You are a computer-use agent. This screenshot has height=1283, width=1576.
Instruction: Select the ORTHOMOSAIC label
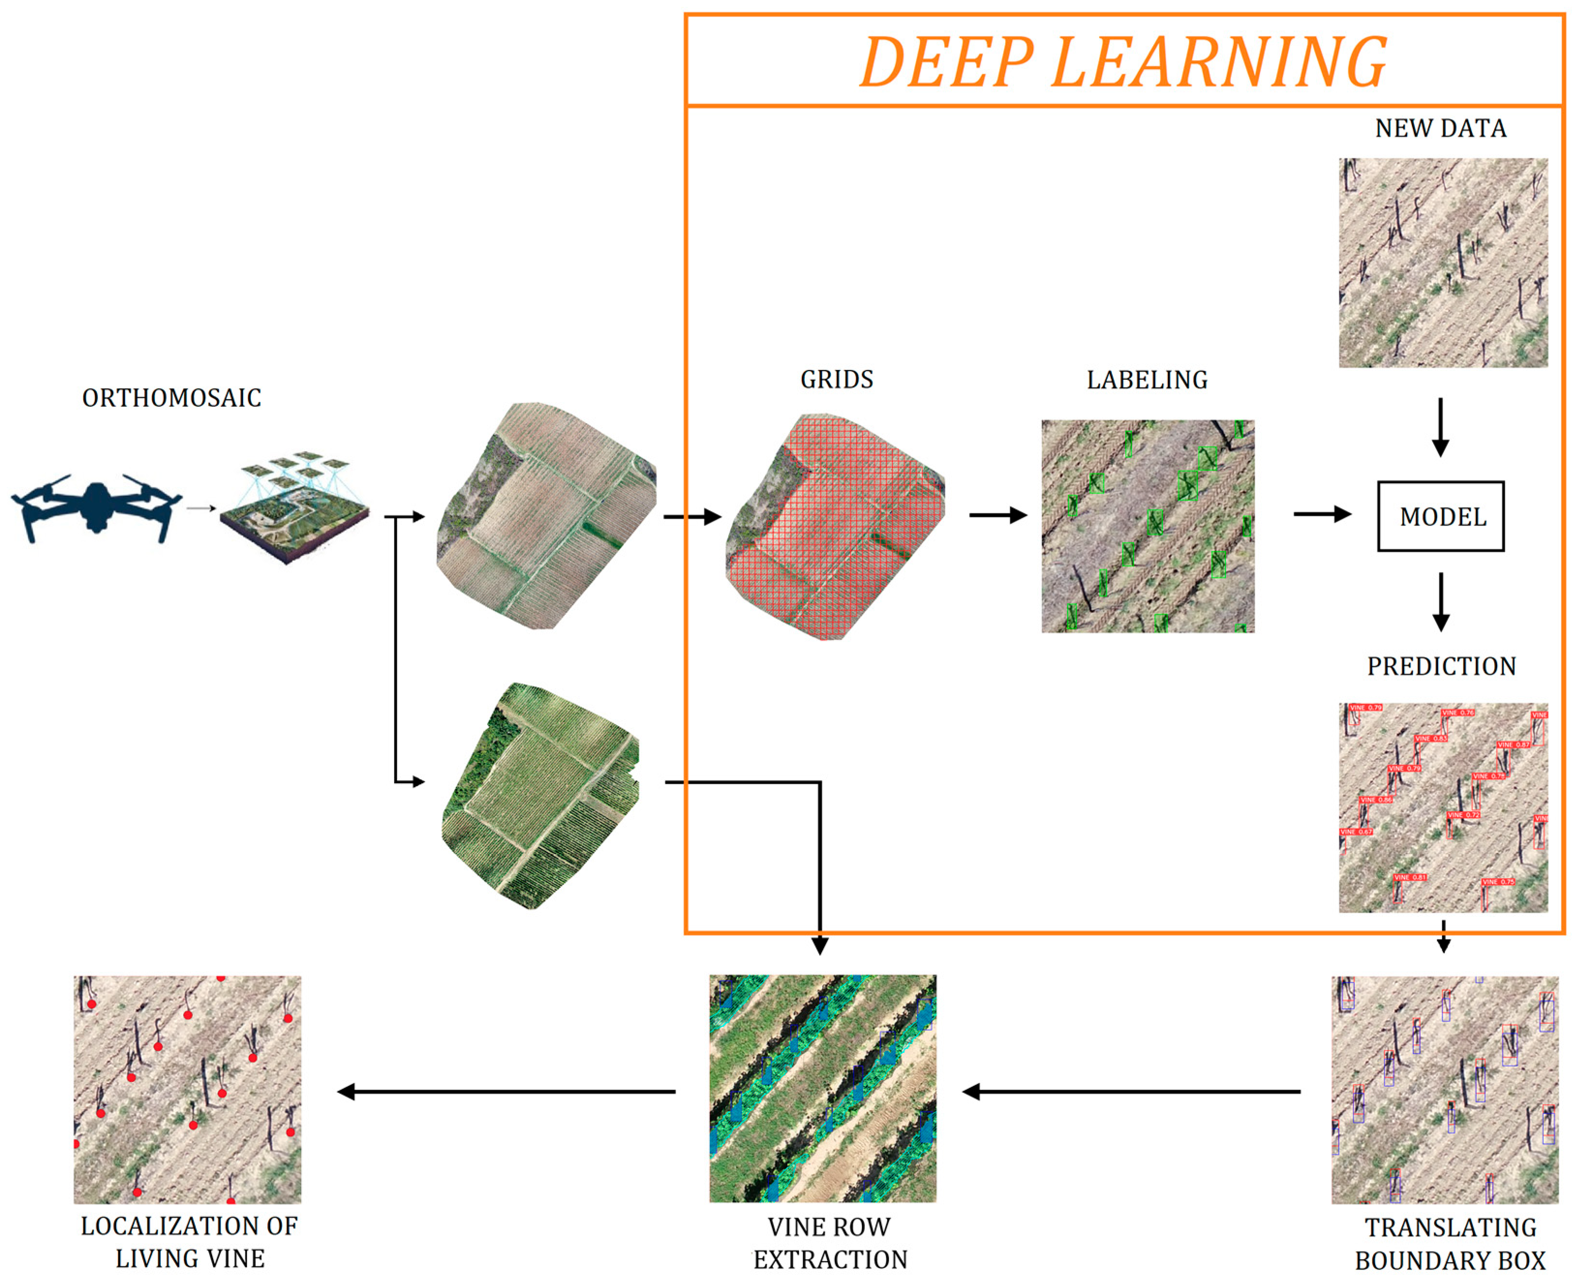(x=171, y=398)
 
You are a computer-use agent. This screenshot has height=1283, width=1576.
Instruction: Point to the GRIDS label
(x=836, y=379)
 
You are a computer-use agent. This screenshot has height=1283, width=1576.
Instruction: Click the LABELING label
(x=1147, y=380)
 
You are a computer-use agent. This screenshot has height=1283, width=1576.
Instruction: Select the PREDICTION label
(x=1441, y=666)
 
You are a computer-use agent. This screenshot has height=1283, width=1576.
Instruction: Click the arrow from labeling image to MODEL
(x=1321, y=514)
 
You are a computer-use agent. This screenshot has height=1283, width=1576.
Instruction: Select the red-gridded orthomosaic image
(x=835, y=526)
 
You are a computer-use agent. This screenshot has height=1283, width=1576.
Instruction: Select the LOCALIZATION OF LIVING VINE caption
(x=189, y=1242)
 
